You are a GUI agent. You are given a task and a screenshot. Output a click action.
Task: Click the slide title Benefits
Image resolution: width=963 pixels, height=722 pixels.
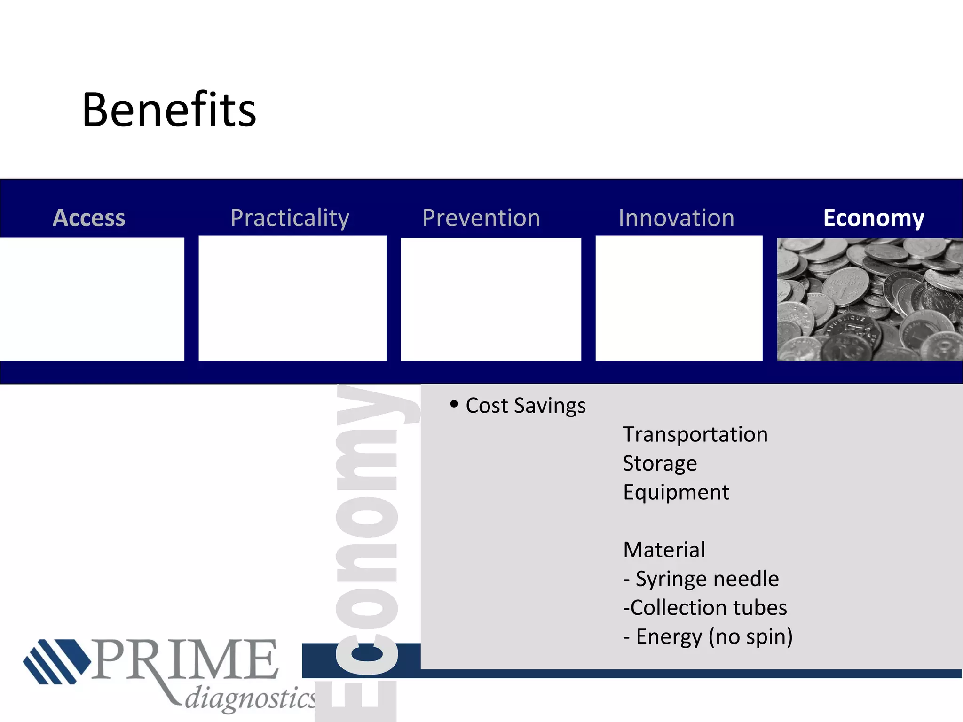(x=169, y=110)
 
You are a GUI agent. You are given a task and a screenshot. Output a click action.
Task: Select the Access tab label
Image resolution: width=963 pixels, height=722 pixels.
(x=89, y=218)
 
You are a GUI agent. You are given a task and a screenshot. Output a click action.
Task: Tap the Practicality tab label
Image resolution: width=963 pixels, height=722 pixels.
(x=290, y=218)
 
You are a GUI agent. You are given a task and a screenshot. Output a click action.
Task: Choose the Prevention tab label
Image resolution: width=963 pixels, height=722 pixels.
(x=481, y=218)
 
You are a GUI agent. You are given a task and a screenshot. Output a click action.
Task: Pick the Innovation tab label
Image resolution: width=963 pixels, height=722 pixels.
(x=676, y=218)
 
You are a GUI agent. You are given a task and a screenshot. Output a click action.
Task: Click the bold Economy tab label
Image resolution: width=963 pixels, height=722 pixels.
(x=874, y=218)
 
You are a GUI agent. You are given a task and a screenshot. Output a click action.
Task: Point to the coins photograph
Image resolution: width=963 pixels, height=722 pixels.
(x=870, y=299)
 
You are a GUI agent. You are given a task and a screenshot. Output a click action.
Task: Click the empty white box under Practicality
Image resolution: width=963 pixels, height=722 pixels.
(x=292, y=299)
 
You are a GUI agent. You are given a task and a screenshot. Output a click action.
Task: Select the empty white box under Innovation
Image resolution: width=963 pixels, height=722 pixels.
(x=679, y=299)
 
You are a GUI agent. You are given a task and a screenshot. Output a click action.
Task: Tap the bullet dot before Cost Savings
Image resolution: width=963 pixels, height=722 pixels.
(x=454, y=404)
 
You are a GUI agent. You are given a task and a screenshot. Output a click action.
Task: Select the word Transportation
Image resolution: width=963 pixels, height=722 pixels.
(x=695, y=434)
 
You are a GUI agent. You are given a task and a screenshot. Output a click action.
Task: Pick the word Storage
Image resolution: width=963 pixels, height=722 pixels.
(x=660, y=463)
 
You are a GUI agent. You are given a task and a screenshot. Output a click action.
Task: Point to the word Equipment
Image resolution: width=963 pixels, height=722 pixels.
(x=676, y=493)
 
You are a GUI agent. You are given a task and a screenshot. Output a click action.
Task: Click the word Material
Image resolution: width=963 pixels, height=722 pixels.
(x=664, y=550)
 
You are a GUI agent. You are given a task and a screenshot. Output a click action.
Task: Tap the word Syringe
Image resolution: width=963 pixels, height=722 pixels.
(x=668, y=579)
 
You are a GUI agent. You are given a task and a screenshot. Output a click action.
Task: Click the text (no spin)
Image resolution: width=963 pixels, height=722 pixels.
(x=750, y=637)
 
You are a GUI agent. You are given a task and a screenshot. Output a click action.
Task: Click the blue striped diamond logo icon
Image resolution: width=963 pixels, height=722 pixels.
(x=56, y=661)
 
